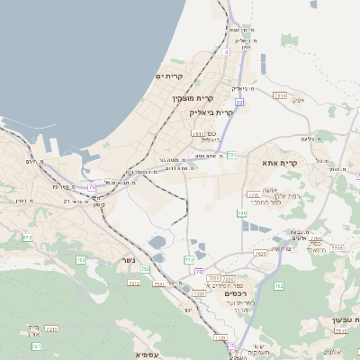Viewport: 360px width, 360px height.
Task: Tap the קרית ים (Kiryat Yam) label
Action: pyautogui.click(x=169, y=76)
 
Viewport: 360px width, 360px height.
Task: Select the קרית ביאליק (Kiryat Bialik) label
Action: pyautogui.click(x=211, y=113)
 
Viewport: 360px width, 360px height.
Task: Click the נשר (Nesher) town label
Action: pyautogui.click(x=128, y=261)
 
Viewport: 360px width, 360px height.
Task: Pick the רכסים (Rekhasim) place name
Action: pyautogui.click(x=235, y=293)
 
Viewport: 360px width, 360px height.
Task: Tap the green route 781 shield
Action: pyautogui.click(x=231, y=155)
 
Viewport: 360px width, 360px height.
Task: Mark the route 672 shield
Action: pyautogui.click(x=27, y=238)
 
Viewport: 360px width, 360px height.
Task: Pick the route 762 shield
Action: pyautogui.click(x=279, y=286)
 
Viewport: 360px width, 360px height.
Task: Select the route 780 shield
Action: pyautogui.click(x=242, y=213)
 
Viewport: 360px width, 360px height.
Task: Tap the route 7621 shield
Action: pyautogui.click(x=260, y=254)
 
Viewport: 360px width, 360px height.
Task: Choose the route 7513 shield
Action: pyautogui.click(x=200, y=293)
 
